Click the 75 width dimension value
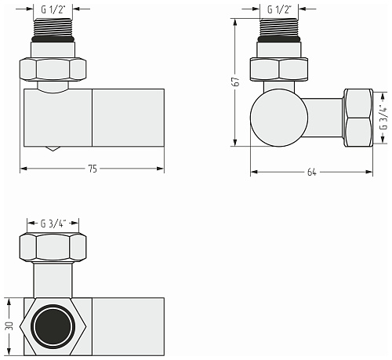click(93, 169)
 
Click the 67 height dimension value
click(237, 82)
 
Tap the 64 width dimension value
click(311, 173)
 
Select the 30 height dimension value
click(9, 326)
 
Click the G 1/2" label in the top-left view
click(53, 9)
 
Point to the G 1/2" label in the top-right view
click(279, 9)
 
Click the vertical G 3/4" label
click(383, 118)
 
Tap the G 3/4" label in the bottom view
click(53, 224)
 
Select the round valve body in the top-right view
click(279, 118)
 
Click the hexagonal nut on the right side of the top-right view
click(358, 118)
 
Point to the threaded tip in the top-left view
click(53, 27)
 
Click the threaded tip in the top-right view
click(279, 27)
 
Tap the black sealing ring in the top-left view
click(53, 39)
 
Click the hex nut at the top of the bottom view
click(53, 247)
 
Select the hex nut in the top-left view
click(53, 69)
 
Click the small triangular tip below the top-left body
click(53, 148)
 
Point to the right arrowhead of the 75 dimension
click(161, 169)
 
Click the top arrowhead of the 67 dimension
click(235, 22)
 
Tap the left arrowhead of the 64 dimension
click(254, 172)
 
